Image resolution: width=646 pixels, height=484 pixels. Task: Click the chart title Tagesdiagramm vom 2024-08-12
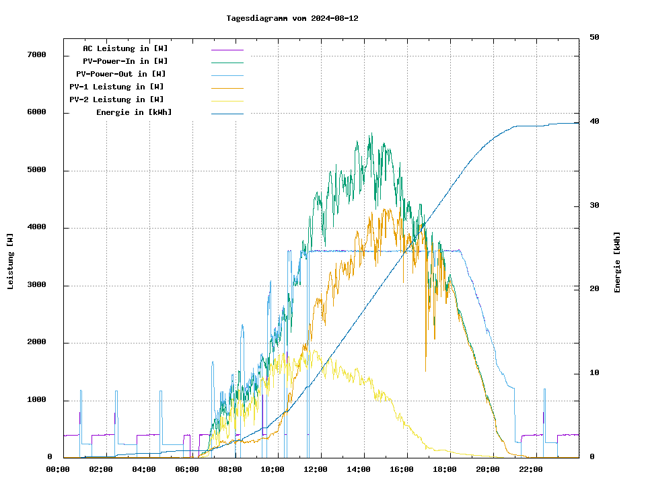tap(292, 18)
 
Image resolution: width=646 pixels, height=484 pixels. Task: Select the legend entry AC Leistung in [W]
tap(125, 48)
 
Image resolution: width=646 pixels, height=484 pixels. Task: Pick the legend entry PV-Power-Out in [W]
tap(121, 74)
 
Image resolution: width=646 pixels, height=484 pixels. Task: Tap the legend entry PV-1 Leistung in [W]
tap(116, 87)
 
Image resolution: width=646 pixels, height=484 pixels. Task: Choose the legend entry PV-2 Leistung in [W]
tap(116, 99)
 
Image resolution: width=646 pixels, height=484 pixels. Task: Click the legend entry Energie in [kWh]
tap(134, 112)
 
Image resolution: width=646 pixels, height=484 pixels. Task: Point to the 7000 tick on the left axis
tap(36, 54)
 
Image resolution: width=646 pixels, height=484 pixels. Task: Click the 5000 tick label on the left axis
tap(36, 170)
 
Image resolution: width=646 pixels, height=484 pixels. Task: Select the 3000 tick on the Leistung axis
tap(36, 286)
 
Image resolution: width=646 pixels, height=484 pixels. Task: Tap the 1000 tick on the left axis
tap(36, 401)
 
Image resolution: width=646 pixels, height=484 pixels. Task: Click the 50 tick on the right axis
tap(594, 38)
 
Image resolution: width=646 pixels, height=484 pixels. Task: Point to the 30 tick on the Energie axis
tap(594, 206)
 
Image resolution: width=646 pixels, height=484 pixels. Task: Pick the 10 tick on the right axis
tap(594, 373)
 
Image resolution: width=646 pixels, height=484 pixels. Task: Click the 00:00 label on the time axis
tap(58, 469)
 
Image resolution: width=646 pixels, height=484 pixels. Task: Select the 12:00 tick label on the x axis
tap(316, 469)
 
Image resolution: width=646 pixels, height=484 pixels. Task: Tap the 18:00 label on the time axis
tap(445, 469)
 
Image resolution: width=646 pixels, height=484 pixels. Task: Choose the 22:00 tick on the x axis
tap(531, 469)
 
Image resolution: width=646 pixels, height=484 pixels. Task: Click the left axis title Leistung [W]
tap(11, 261)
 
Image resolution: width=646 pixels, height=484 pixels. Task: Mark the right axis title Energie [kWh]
tap(617, 262)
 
